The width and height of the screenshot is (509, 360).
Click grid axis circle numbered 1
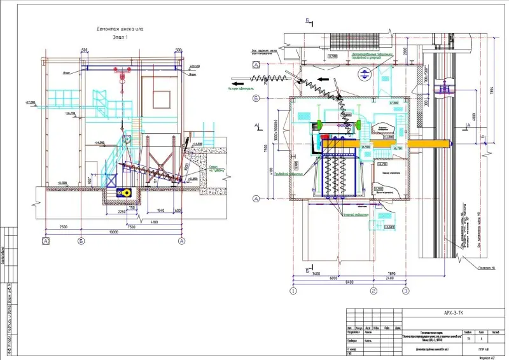[x=294, y=291]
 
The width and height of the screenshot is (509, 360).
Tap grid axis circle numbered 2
[x=373, y=291]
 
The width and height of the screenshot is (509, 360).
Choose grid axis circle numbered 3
[x=405, y=291]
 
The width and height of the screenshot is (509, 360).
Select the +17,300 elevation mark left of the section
[x=30, y=102]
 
